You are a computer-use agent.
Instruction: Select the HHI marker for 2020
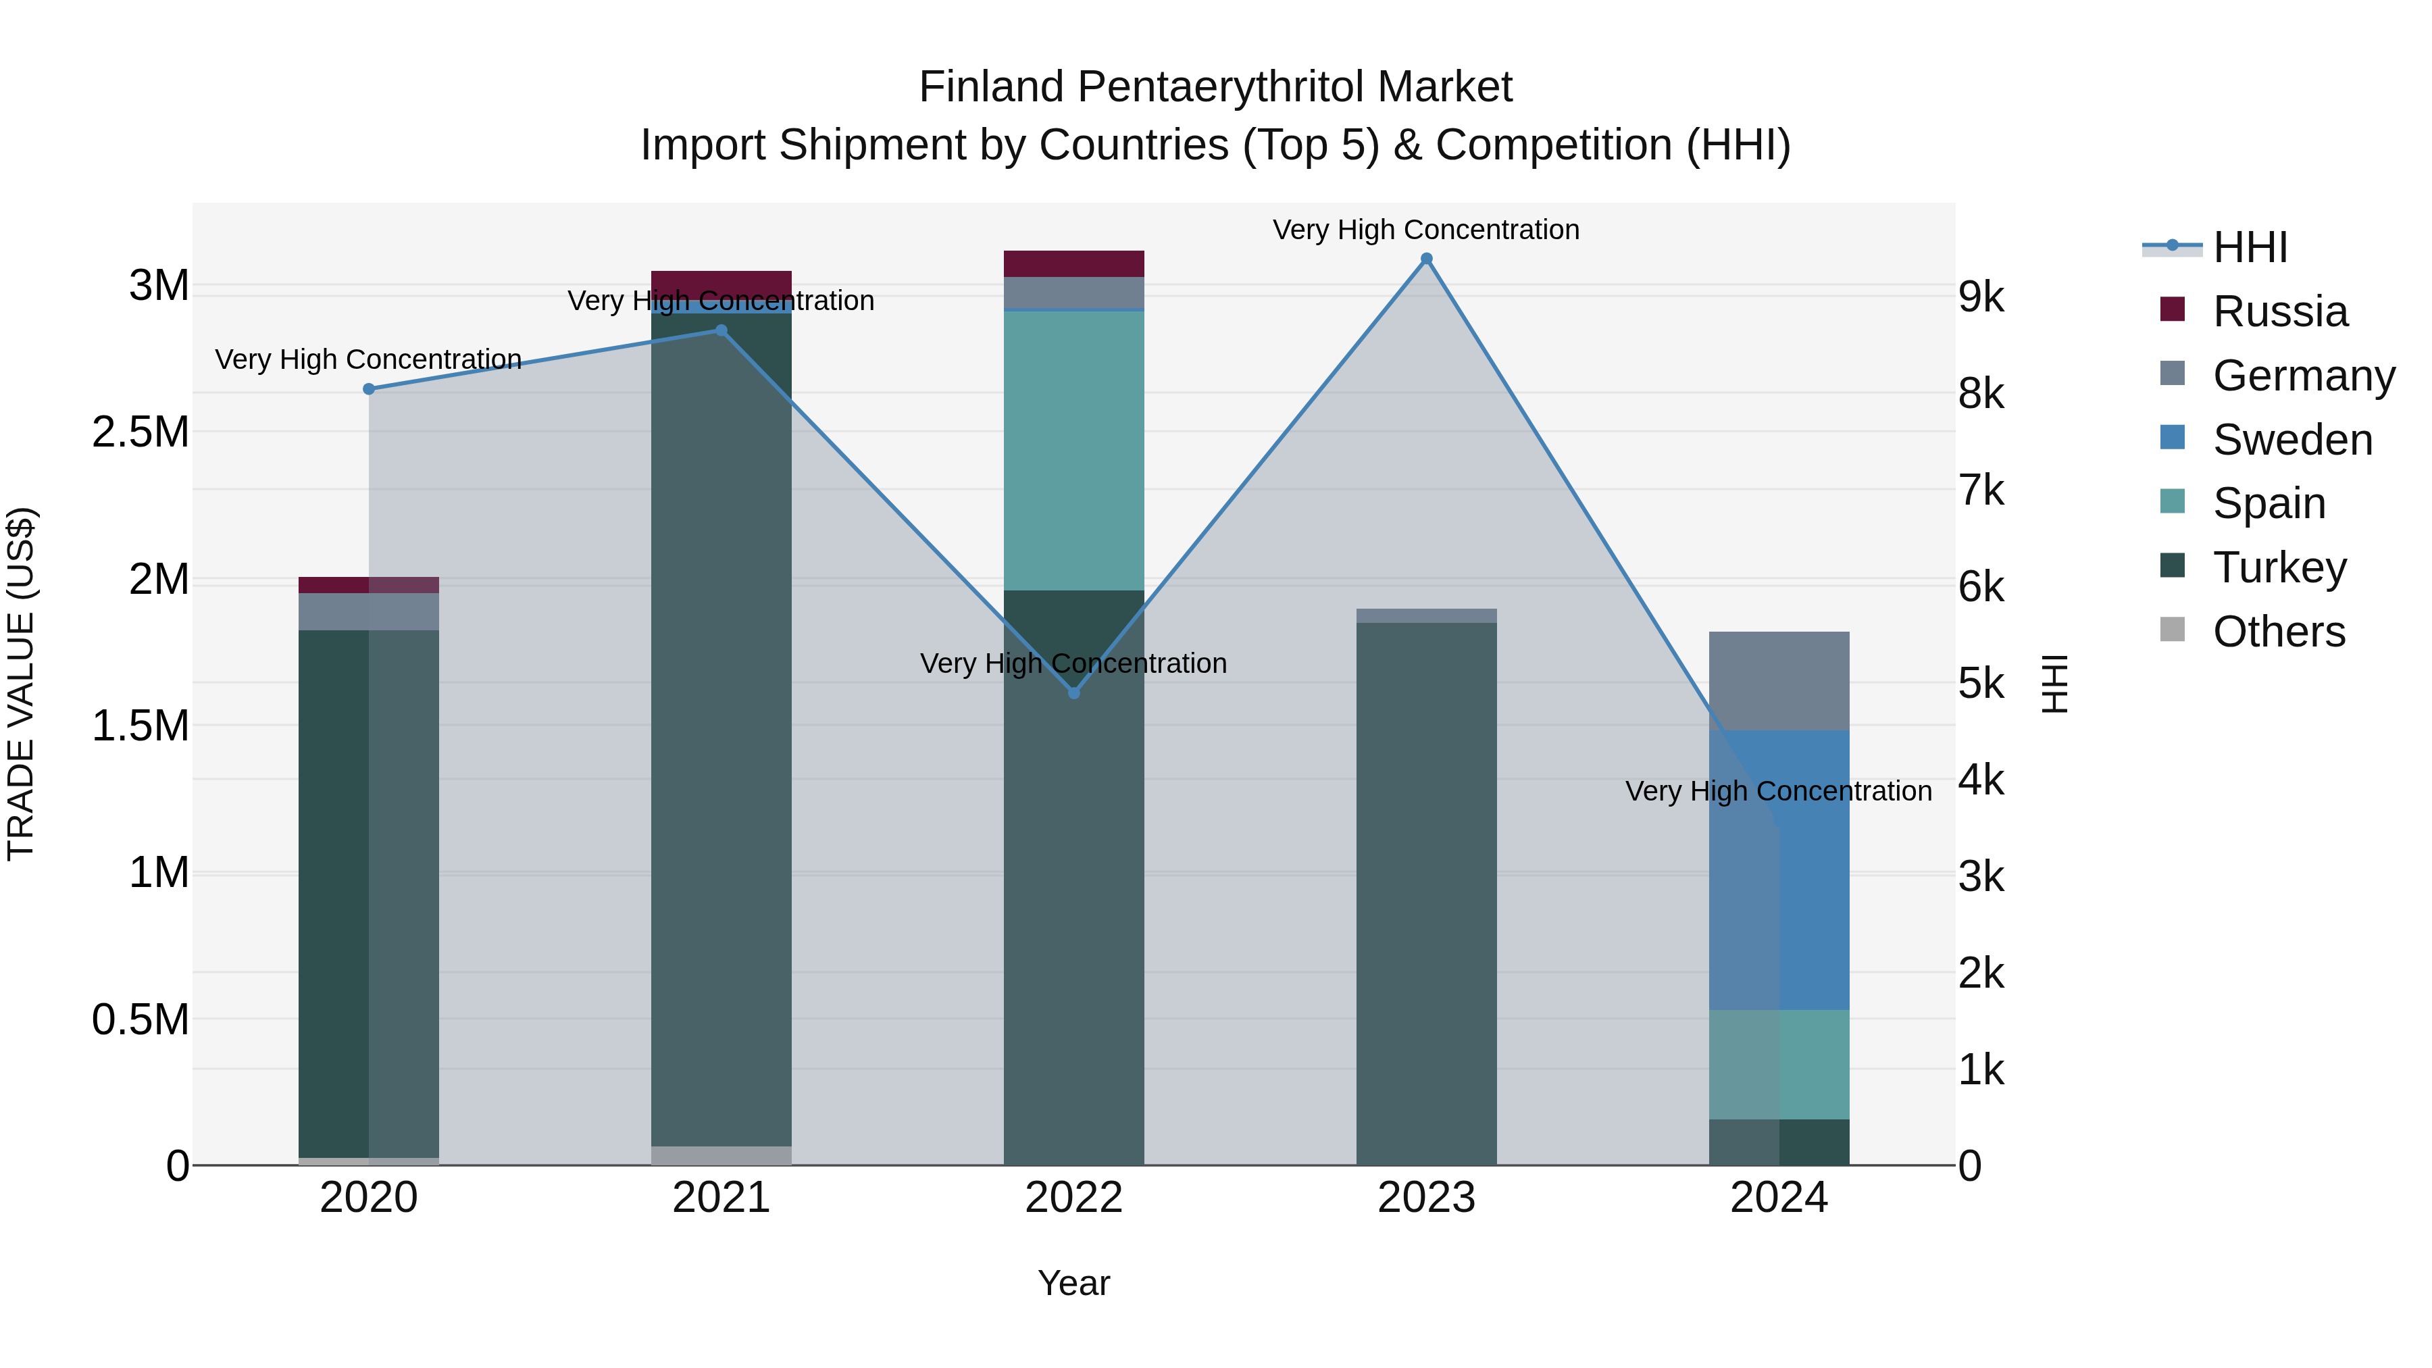[369, 389]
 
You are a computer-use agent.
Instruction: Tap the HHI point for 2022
[1073, 693]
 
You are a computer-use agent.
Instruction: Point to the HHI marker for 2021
[721, 330]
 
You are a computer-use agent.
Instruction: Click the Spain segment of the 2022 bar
[1073, 451]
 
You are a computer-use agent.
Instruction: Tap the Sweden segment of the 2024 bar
[1779, 869]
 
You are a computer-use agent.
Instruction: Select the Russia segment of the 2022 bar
[1073, 263]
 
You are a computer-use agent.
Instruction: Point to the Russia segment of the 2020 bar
[369, 584]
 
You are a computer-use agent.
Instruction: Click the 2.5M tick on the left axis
[141, 432]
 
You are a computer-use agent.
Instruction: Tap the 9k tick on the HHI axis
[1981, 297]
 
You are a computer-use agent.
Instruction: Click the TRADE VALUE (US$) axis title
[21, 684]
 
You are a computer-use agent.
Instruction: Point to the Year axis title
[1073, 1283]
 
